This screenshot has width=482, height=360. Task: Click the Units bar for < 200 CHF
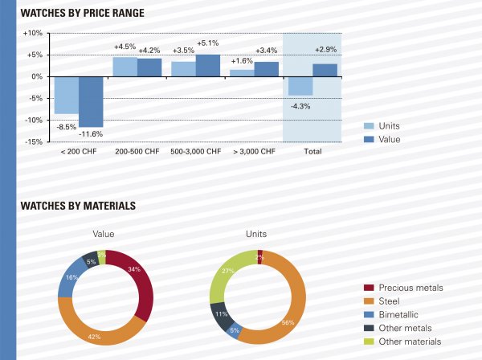(x=66, y=95)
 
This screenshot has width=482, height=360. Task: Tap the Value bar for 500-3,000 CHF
(x=208, y=65)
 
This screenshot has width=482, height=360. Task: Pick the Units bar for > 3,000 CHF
(x=242, y=72)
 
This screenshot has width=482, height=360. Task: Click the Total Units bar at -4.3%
(x=300, y=86)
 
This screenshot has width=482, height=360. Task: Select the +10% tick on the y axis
(x=34, y=33)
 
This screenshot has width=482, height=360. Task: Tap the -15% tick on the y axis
(x=34, y=142)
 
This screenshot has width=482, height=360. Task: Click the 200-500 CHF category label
(x=137, y=151)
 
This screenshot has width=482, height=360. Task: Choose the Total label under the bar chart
(x=312, y=151)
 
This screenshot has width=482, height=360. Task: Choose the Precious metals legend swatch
(x=369, y=287)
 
